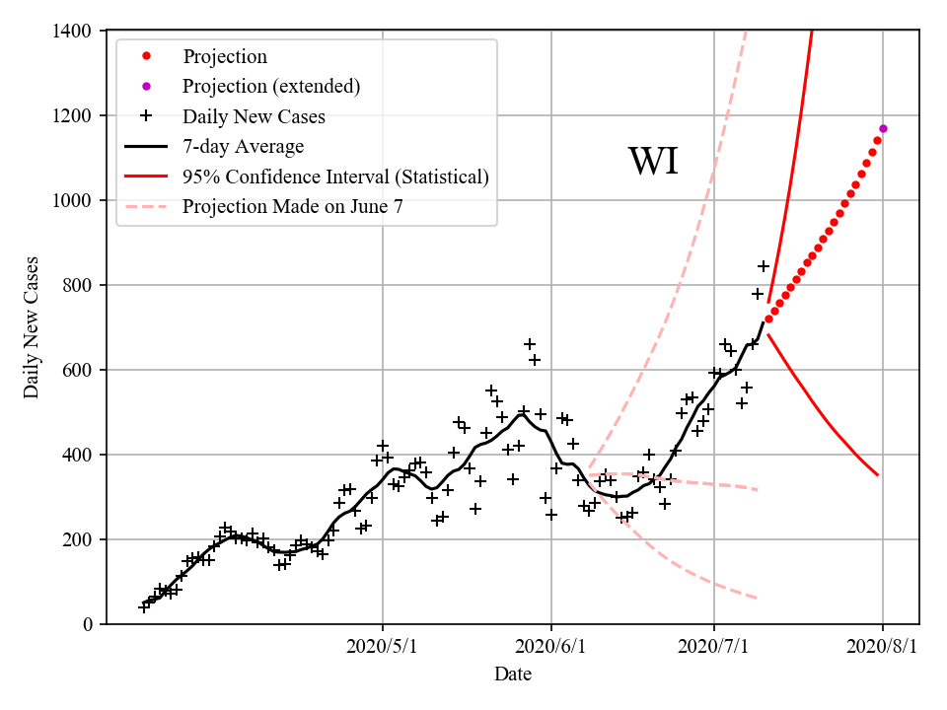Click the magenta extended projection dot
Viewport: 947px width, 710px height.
pos(883,128)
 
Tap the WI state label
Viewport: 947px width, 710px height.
pos(653,162)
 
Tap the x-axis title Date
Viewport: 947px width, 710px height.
pos(513,674)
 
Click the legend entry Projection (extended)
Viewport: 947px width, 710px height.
pos(271,87)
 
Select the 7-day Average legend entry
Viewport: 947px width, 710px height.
pos(243,147)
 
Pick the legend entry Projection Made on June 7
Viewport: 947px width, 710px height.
pos(292,207)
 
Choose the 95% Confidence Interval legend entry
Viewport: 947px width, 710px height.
pos(335,177)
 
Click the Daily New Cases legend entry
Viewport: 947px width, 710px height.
pos(254,117)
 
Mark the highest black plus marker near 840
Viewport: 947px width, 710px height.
pos(763,266)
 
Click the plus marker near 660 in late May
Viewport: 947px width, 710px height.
pos(530,344)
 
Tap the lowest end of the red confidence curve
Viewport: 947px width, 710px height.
pos(877,475)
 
